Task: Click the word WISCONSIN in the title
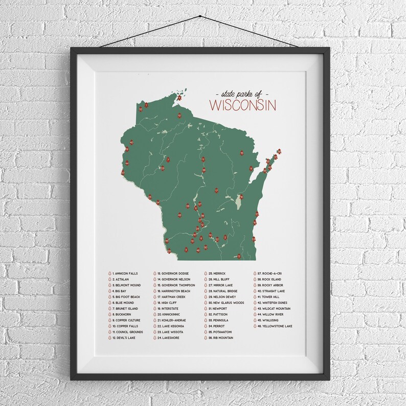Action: [242, 106]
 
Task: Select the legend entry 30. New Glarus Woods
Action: [225, 303]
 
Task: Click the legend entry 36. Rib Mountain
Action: [220, 338]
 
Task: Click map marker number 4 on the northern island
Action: [180, 98]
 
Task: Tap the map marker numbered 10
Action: [180, 116]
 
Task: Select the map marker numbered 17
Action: [217, 191]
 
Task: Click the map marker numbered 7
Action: [168, 160]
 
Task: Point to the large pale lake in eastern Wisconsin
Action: [238, 205]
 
